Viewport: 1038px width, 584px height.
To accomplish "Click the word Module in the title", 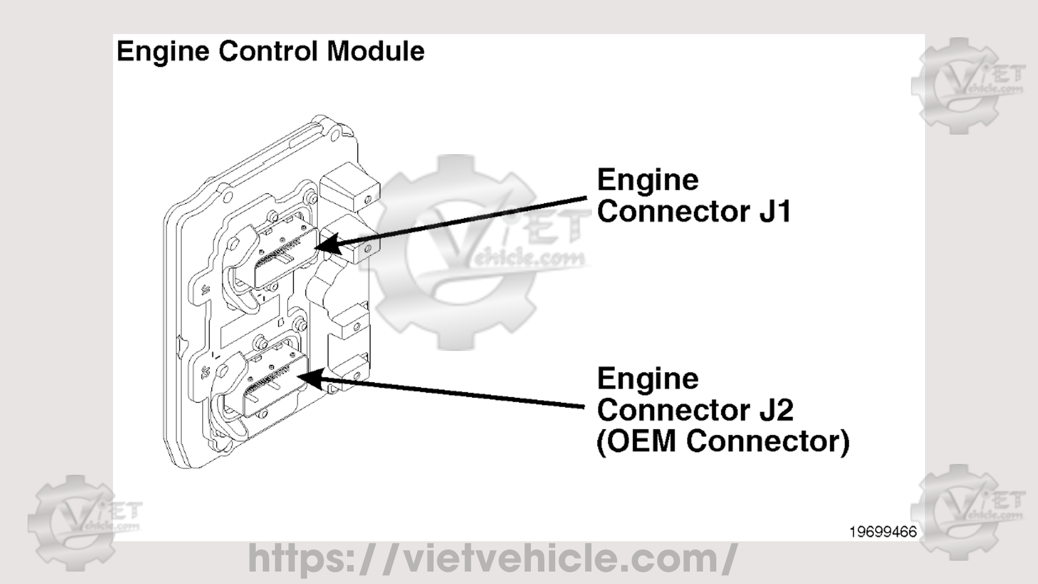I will pyautogui.click(x=376, y=52).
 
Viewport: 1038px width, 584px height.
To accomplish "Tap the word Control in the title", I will pyautogui.click(x=268, y=52).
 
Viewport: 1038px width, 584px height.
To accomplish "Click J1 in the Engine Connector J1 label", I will pyautogui.click(x=775, y=211).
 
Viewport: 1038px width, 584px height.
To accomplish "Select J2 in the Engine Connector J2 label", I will pyautogui.click(x=776, y=410).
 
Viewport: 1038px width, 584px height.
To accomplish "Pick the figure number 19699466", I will pyautogui.click(x=883, y=532).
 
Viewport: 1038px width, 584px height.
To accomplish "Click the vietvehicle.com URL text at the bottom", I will pyautogui.click(x=492, y=558).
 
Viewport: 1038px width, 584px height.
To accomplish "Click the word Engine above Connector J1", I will pyautogui.click(x=648, y=180).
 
